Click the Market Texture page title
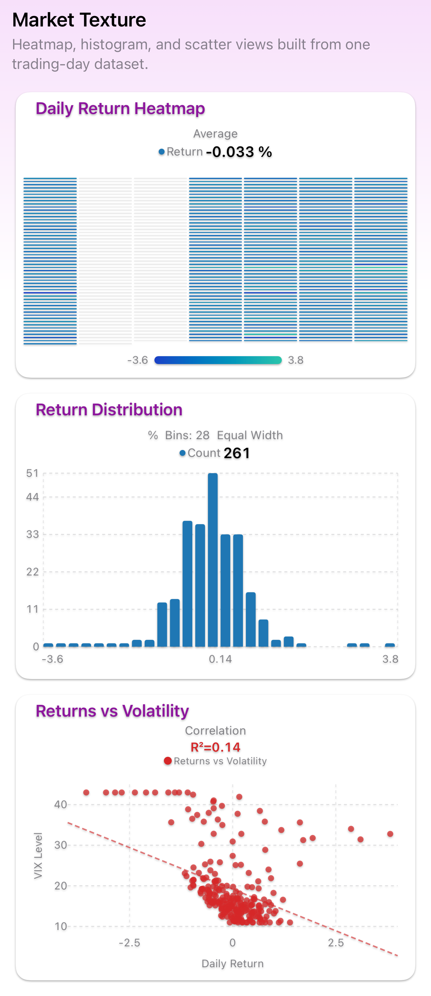(79, 20)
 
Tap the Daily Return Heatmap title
(120, 108)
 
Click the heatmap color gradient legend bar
(218, 360)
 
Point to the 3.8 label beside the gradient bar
(295, 360)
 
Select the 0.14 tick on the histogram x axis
(220, 659)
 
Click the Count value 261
(237, 453)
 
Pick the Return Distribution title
(109, 410)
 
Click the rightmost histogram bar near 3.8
(390, 645)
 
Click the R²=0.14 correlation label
(215, 747)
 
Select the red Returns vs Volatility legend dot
(168, 761)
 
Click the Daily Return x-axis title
(232, 964)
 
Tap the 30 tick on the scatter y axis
(61, 845)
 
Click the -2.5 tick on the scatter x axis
(129, 943)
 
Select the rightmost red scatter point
(390, 834)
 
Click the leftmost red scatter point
(86, 793)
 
